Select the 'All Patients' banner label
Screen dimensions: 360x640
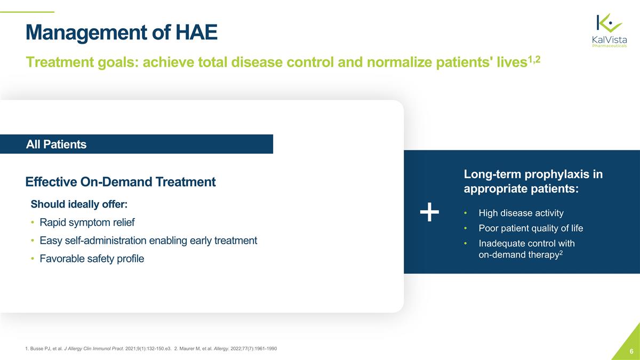[x=56, y=145]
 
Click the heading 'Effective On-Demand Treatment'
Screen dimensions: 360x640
[x=121, y=182]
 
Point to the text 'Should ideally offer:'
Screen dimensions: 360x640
[x=79, y=205]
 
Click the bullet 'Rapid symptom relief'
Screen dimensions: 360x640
[x=86, y=222]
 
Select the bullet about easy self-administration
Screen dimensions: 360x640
[x=148, y=241]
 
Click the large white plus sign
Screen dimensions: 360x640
[x=429, y=213]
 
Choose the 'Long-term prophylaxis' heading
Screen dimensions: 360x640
[x=533, y=182]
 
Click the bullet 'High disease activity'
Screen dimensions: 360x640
[x=521, y=213]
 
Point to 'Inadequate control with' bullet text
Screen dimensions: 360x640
[x=526, y=243]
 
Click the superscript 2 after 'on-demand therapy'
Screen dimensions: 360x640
[x=561, y=252]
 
